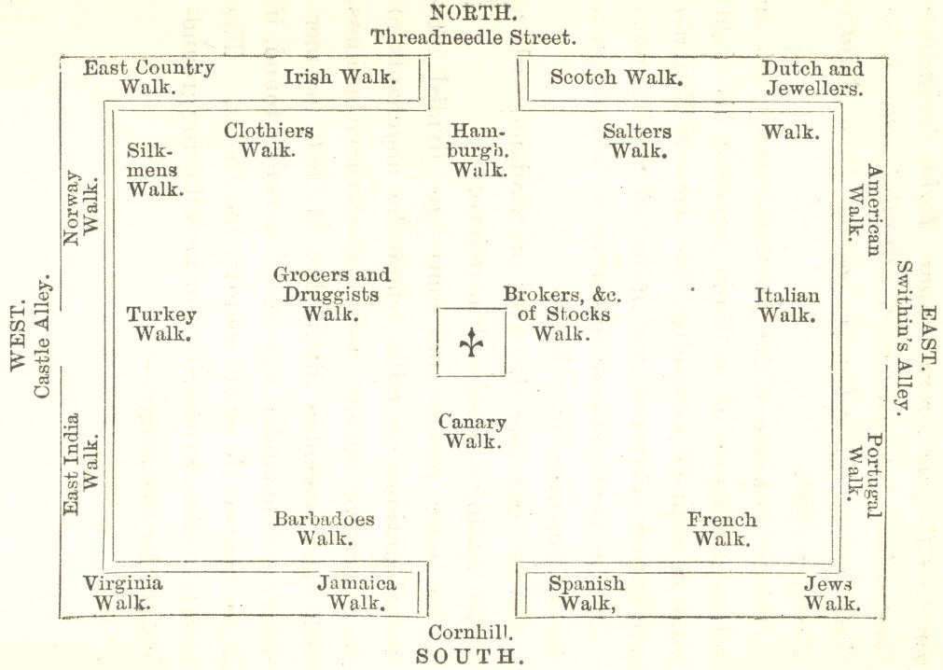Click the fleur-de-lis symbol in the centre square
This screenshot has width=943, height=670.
coord(471,342)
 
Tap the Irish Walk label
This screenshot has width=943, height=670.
coord(340,77)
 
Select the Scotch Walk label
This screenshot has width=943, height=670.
coord(617,77)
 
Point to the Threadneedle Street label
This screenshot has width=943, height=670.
coord(473,38)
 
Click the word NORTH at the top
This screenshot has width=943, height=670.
coord(473,12)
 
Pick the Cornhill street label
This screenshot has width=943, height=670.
coord(470,632)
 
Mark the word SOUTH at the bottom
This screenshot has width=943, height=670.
coord(470,656)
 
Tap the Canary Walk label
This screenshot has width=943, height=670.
coord(472,432)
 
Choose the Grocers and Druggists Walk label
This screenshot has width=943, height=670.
coord(331,294)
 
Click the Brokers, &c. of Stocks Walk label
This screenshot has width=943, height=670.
coord(562,314)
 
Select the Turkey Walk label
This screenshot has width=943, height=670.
coord(161,324)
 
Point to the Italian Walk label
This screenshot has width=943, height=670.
coord(786,305)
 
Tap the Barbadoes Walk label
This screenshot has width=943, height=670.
coord(324,528)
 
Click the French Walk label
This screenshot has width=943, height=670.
coord(722,529)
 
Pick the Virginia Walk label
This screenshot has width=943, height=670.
coord(123,593)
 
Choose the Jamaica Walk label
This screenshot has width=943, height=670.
coord(356,593)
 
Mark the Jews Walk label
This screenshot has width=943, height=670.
coord(832,593)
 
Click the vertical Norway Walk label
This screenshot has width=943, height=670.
coord(81,208)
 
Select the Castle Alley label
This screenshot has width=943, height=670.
coord(41,337)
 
